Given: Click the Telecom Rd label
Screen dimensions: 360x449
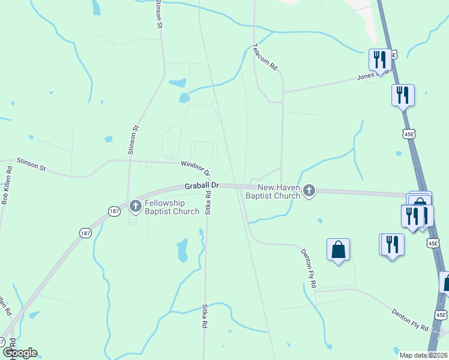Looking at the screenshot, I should click(x=264, y=58).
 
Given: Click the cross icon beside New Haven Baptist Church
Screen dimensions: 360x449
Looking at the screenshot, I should click(x=309, y=191).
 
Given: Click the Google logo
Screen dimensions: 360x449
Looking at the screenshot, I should click(x=20, y=353).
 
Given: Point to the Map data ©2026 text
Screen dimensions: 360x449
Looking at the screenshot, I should click(x=423, y=355).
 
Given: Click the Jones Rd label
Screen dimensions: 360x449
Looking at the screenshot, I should click(x=367, y=76).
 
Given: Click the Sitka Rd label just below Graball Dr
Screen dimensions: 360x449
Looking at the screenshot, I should click(x=208, y=203).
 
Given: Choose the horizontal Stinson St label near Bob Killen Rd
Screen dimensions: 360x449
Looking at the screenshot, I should click(x=31, y=164).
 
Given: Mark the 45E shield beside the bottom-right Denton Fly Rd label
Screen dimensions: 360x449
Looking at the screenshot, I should click(x=440, y=314).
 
